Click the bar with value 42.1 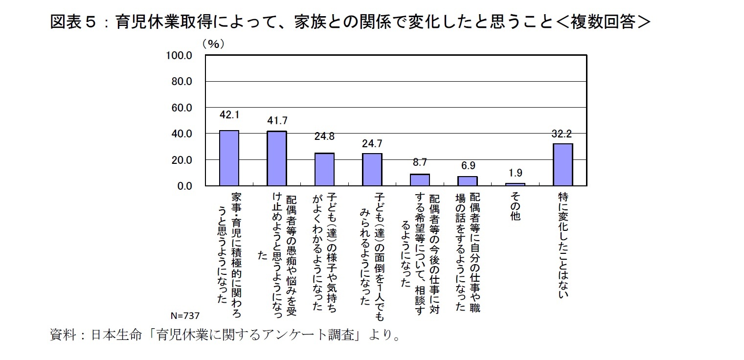tap(229, 158)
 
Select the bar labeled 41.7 tap(276, 158)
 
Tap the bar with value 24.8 tap(324, 169)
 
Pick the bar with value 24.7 tap(372, 169)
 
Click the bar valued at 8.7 tap(420, 180)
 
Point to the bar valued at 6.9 tap(467, 181)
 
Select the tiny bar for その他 tap(515, 184)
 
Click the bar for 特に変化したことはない tap(563, 164)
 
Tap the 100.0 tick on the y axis tap(179, 55)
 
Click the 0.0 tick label tap(184, 186)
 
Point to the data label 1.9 tap(515, 173)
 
